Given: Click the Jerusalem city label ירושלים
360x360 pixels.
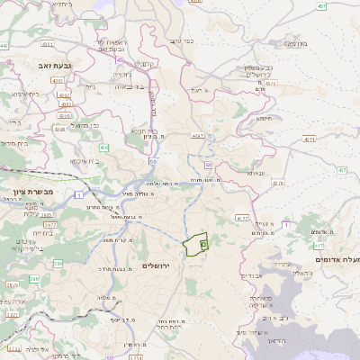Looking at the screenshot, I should pos(157,265).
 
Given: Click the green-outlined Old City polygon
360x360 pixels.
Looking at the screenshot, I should pos(195,245).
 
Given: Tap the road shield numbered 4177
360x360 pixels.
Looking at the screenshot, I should pos(241,218).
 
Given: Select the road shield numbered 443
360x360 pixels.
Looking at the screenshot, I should pos(5,45).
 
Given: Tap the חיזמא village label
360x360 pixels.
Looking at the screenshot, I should pos(264,118).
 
